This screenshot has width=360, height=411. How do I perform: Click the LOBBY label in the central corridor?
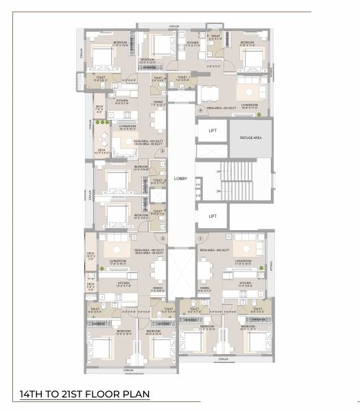[180, 178]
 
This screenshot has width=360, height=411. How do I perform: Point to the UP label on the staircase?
[218, 171]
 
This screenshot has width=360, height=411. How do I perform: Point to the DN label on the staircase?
[218, 191]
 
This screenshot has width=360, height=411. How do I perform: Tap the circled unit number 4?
[200, 110]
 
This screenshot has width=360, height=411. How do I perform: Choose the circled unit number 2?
[162, 238]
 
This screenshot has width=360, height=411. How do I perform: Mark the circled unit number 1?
[200, 238]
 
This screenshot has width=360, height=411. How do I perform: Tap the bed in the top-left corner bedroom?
[104, 58]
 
